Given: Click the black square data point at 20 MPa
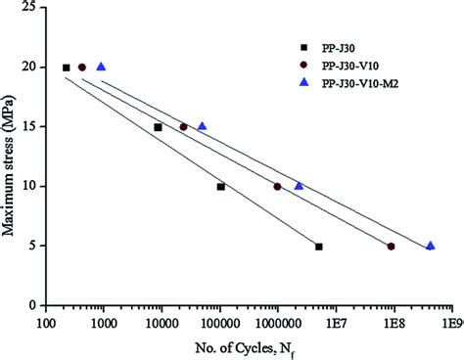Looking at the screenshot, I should pyautogui.click(x=67, y=67).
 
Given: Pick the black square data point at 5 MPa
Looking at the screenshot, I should pyautogui.click(x=319, y=247).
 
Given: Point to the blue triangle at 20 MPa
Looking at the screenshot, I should pyautogui.click(x=101, y=67).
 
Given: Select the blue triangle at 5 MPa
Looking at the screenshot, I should pyautogui.click(x=430, y=246).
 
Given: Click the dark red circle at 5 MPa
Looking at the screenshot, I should pyautogui.click(x=391, y=247).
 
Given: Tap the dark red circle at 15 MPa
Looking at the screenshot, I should pyautogui.click(x=183, y=127).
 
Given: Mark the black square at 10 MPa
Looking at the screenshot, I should pyautogui.click(x=221, y=187).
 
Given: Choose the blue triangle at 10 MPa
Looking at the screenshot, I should pyautogui.click(x=299, y=186).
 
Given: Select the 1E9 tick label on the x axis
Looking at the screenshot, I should pyautogui.click(x=452, y=321).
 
